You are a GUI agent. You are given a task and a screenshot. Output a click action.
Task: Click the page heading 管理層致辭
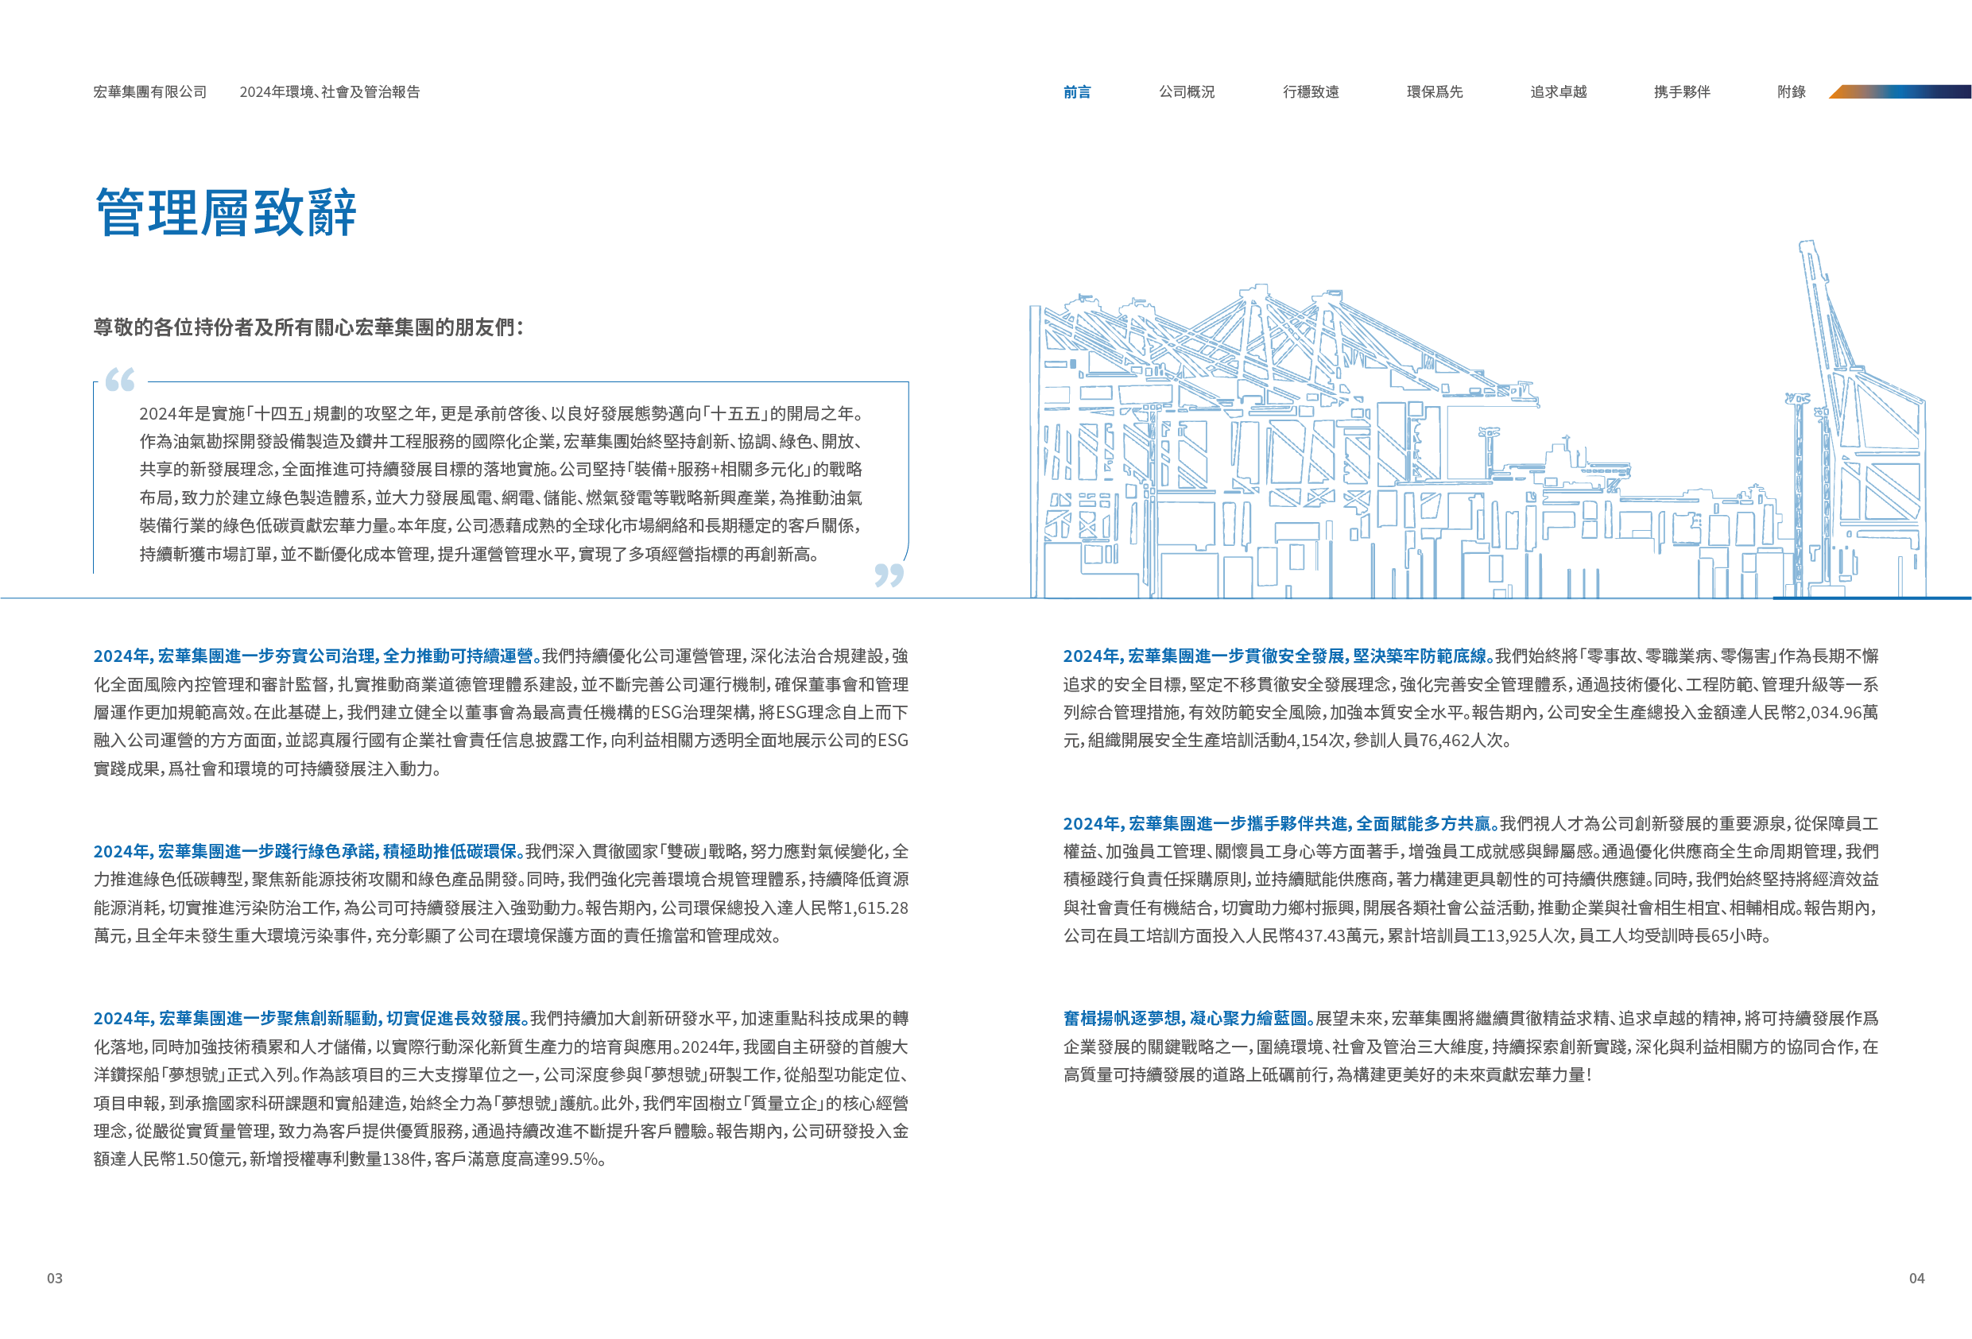226,212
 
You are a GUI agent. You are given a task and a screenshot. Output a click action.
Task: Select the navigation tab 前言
1077,91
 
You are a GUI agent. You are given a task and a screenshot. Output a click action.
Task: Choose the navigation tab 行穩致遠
1310,91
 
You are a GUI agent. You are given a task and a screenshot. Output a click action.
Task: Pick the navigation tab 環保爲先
1434,91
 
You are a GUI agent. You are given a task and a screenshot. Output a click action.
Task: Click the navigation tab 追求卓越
1558,91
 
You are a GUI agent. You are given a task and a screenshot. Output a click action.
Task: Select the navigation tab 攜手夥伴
1682,91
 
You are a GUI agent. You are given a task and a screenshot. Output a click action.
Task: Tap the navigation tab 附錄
1792,91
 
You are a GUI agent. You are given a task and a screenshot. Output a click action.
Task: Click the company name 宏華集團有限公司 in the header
150,91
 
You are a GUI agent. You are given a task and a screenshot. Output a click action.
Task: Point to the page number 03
54,1278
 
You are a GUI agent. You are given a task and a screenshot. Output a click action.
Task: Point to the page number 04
1917,1278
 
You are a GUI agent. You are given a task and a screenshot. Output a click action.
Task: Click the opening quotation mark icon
120,379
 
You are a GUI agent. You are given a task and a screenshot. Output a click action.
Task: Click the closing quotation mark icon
889,575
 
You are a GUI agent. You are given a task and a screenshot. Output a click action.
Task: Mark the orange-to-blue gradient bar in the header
1899,91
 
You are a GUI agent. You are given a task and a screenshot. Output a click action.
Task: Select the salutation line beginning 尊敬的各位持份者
309,327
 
